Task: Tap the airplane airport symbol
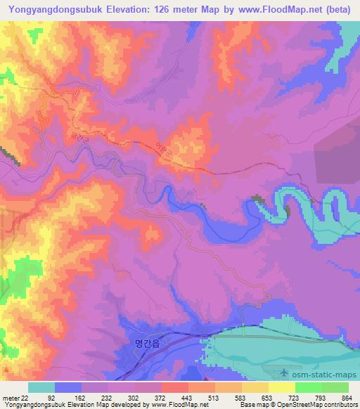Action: [x=283, y=372]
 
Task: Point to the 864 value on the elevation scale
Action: [x=347, y=398]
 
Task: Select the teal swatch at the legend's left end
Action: [x=41, y=387]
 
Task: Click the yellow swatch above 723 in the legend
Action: [x=282, y=387]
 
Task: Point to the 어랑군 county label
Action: [x=163, y=149]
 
